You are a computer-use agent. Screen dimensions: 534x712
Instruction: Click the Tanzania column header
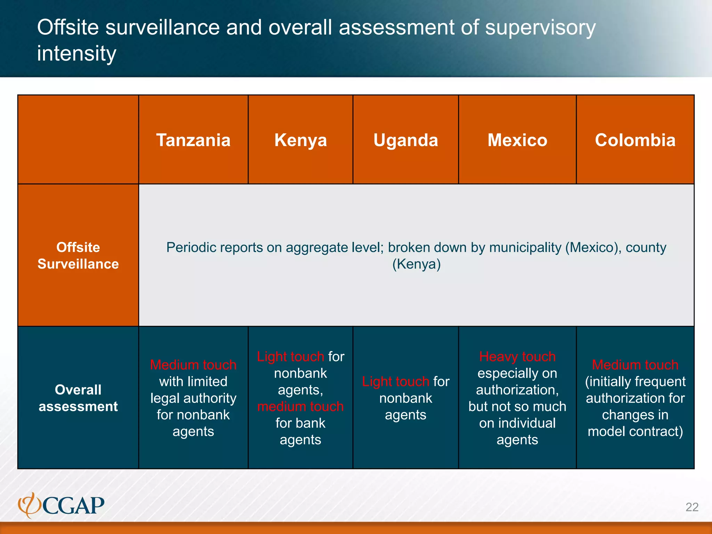[x=193, y=140]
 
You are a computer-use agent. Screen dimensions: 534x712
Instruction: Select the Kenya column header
[x=300, y=140]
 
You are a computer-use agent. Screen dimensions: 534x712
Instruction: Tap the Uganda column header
[x=405, y=140]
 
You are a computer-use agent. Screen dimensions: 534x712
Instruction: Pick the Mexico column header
[x=517, y=140]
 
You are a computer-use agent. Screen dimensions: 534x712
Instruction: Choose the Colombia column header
[x=635, y=140]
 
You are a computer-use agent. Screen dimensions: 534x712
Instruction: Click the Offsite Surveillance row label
[x=78, y=256]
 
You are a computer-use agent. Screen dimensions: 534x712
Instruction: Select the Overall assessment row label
[x=78, y=398]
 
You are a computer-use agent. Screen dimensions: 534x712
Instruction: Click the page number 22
[x=692, y=507]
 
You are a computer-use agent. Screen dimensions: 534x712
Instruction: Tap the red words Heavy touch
[x=517, y=357]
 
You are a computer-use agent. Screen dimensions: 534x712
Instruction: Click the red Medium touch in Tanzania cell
[x=193, y=365]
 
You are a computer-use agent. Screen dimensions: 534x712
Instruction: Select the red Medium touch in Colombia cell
[x=635, y=365]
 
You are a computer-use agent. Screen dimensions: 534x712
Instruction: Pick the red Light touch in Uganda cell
[x=396, y=382]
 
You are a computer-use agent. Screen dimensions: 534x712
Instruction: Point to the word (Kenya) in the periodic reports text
[x=416, y=264]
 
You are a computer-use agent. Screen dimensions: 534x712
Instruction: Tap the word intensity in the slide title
[x=76, y=54]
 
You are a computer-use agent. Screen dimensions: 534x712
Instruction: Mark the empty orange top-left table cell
[x=78, y=139]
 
